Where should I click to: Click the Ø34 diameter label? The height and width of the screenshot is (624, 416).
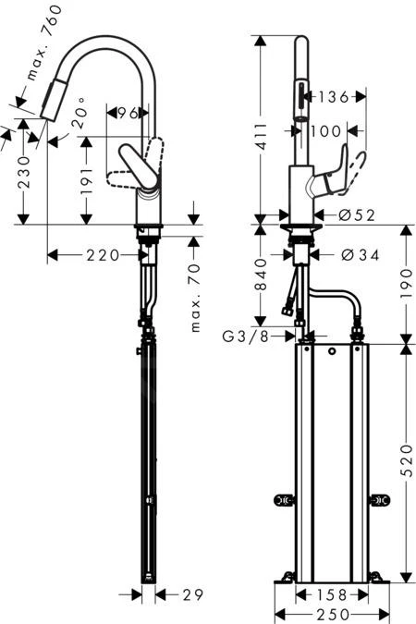[x=359, y=254]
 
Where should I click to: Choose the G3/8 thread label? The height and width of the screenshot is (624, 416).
[x=247, y=336]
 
